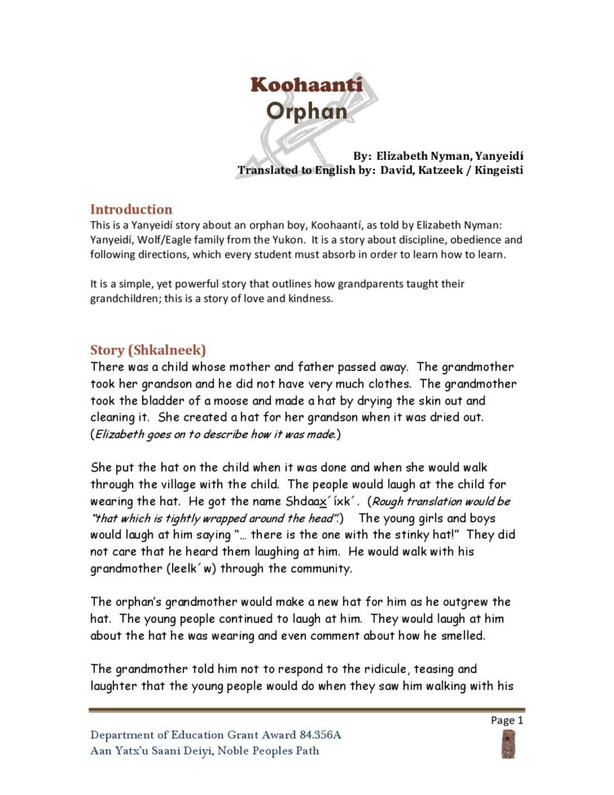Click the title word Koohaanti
coord(306,85)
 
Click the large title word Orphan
coord(306,110)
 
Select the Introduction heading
coord(131,209)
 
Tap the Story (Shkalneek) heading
coord(147,349)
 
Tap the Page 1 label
coord(508,720)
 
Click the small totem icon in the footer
coord(508,743)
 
